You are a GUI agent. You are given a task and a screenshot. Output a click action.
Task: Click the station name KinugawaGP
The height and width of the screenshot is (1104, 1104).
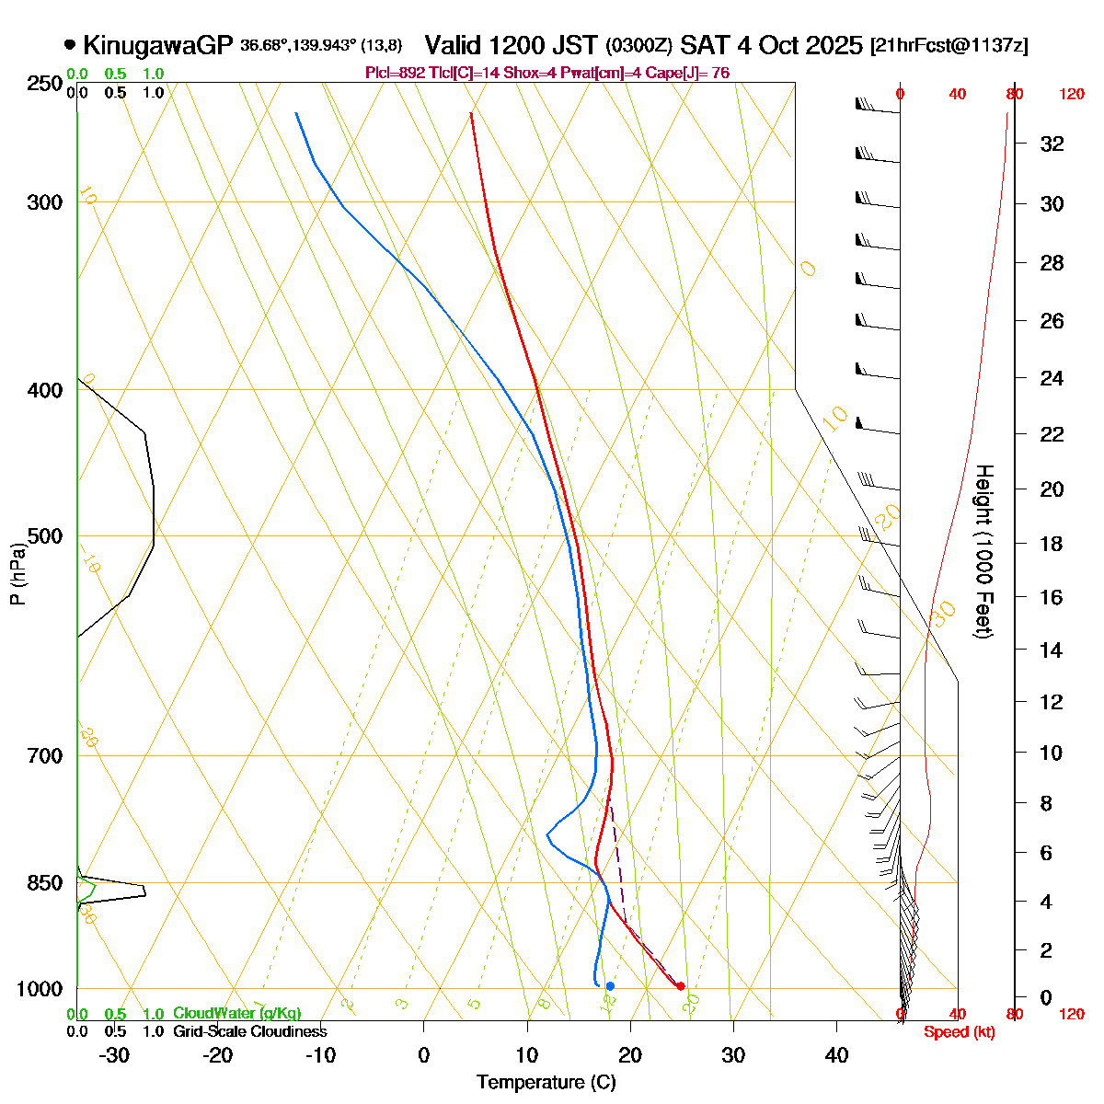(x=158, y=45)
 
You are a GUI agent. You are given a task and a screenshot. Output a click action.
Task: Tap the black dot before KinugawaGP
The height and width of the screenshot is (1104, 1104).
(x=70, y=44)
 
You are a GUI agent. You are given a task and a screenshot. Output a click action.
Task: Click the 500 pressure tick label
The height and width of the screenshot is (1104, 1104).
(x=46, y=536)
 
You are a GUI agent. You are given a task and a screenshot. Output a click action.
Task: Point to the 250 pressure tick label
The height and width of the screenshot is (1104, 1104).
(x=46, y=84)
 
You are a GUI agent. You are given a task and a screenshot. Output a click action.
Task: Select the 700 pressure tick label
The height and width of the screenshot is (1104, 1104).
(x=46, y=756)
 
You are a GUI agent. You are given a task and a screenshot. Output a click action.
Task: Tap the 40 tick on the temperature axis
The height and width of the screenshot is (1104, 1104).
(x=836, y=1055)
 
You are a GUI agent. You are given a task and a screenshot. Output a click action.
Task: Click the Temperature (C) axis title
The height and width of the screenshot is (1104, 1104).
(x=546, y=1083)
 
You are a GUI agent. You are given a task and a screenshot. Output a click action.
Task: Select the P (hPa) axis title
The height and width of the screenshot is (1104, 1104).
(x=17, y=575)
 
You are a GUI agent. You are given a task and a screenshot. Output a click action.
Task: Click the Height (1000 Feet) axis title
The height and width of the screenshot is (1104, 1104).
(x=983, y=552)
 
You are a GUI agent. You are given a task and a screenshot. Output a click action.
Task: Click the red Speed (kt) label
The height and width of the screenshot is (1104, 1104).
(x=960, y=1032)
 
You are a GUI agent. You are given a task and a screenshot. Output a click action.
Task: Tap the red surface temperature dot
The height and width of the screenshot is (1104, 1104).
(x=680, y=986)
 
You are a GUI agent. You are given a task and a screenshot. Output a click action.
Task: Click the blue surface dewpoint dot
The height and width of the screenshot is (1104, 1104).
(x=610, y=986)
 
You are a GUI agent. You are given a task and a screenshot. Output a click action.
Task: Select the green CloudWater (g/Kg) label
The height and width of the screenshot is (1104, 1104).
(x=236, y=1014)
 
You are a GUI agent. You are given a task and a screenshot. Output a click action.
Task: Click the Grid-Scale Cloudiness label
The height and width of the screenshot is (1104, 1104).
(x=249, y=1032)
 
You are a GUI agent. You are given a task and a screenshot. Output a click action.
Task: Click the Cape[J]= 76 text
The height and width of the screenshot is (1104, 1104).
(x=689, y=73)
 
